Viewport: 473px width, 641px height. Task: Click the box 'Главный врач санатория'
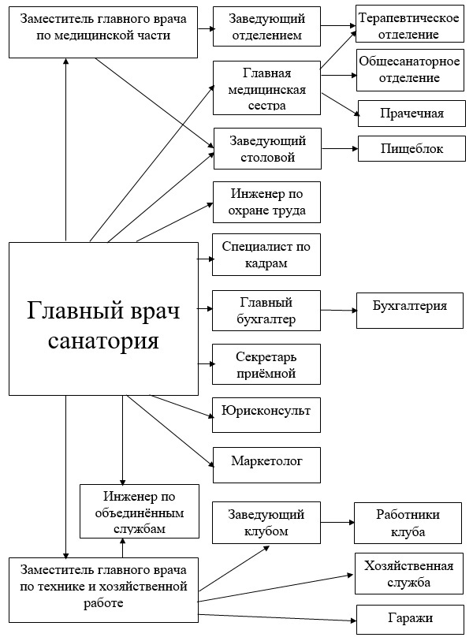pos(103,319)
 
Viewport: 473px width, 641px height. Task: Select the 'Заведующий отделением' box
pos(266,27)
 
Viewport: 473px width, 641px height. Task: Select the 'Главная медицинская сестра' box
pos(266,88)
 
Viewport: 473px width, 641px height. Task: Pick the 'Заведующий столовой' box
pos(266,148)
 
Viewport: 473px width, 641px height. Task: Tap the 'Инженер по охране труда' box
pos(266,202)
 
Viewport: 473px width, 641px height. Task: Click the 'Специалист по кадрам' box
pos(266,255)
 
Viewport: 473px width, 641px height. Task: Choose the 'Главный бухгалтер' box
pos(266,310)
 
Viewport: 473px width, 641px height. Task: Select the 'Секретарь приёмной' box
pos(266,363)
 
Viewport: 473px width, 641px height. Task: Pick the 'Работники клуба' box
pos(408,522)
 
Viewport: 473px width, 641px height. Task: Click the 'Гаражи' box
pos(408,619)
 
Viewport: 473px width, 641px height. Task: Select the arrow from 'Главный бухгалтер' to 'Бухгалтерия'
pos(339,310)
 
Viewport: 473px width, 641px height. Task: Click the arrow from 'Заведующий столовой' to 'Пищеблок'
pos(340,147)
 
